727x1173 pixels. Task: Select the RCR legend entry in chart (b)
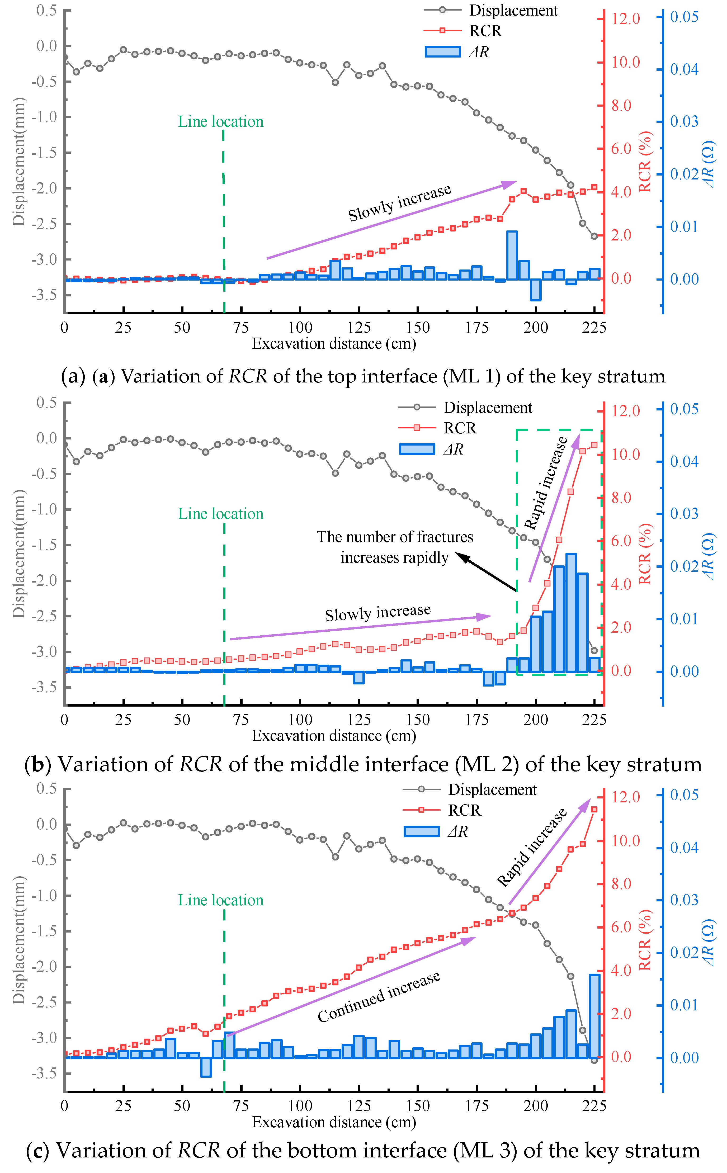point(460,428)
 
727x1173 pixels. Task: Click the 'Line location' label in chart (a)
point(221,122)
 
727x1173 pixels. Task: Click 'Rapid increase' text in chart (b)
point(546,483)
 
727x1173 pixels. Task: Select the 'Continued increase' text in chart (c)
point(379,997)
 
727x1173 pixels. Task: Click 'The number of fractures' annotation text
point(395,537)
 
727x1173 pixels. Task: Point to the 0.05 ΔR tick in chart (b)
point(684,409)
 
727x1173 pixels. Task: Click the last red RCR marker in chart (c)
point(594,810)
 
